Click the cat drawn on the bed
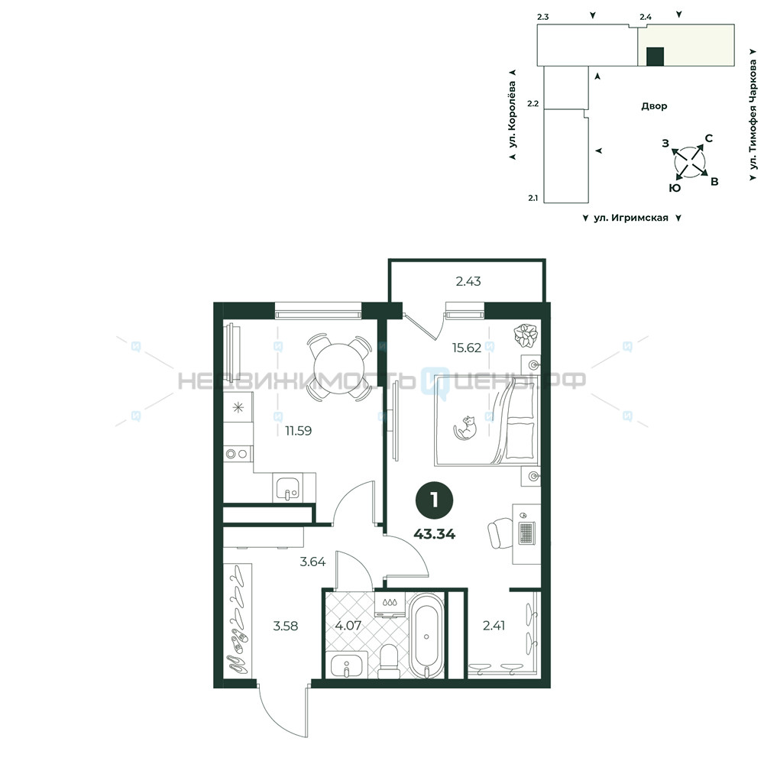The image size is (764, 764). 465,429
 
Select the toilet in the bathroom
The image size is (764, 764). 390,661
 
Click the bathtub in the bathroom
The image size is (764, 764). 427,636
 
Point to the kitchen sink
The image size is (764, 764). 288,487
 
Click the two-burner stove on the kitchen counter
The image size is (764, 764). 238,454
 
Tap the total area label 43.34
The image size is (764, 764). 435,534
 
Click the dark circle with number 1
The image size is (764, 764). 435,500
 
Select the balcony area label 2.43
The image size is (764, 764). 468,281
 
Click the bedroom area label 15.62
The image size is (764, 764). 466,348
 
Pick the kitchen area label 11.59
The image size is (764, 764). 298,431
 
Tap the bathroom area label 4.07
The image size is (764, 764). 348,625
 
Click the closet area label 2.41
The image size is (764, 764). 494,625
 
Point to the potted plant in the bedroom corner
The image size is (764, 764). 526,336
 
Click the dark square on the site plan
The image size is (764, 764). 655,57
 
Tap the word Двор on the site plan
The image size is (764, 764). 654,105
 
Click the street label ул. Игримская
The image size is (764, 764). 631,218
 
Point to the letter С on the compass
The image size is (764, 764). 709,138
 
